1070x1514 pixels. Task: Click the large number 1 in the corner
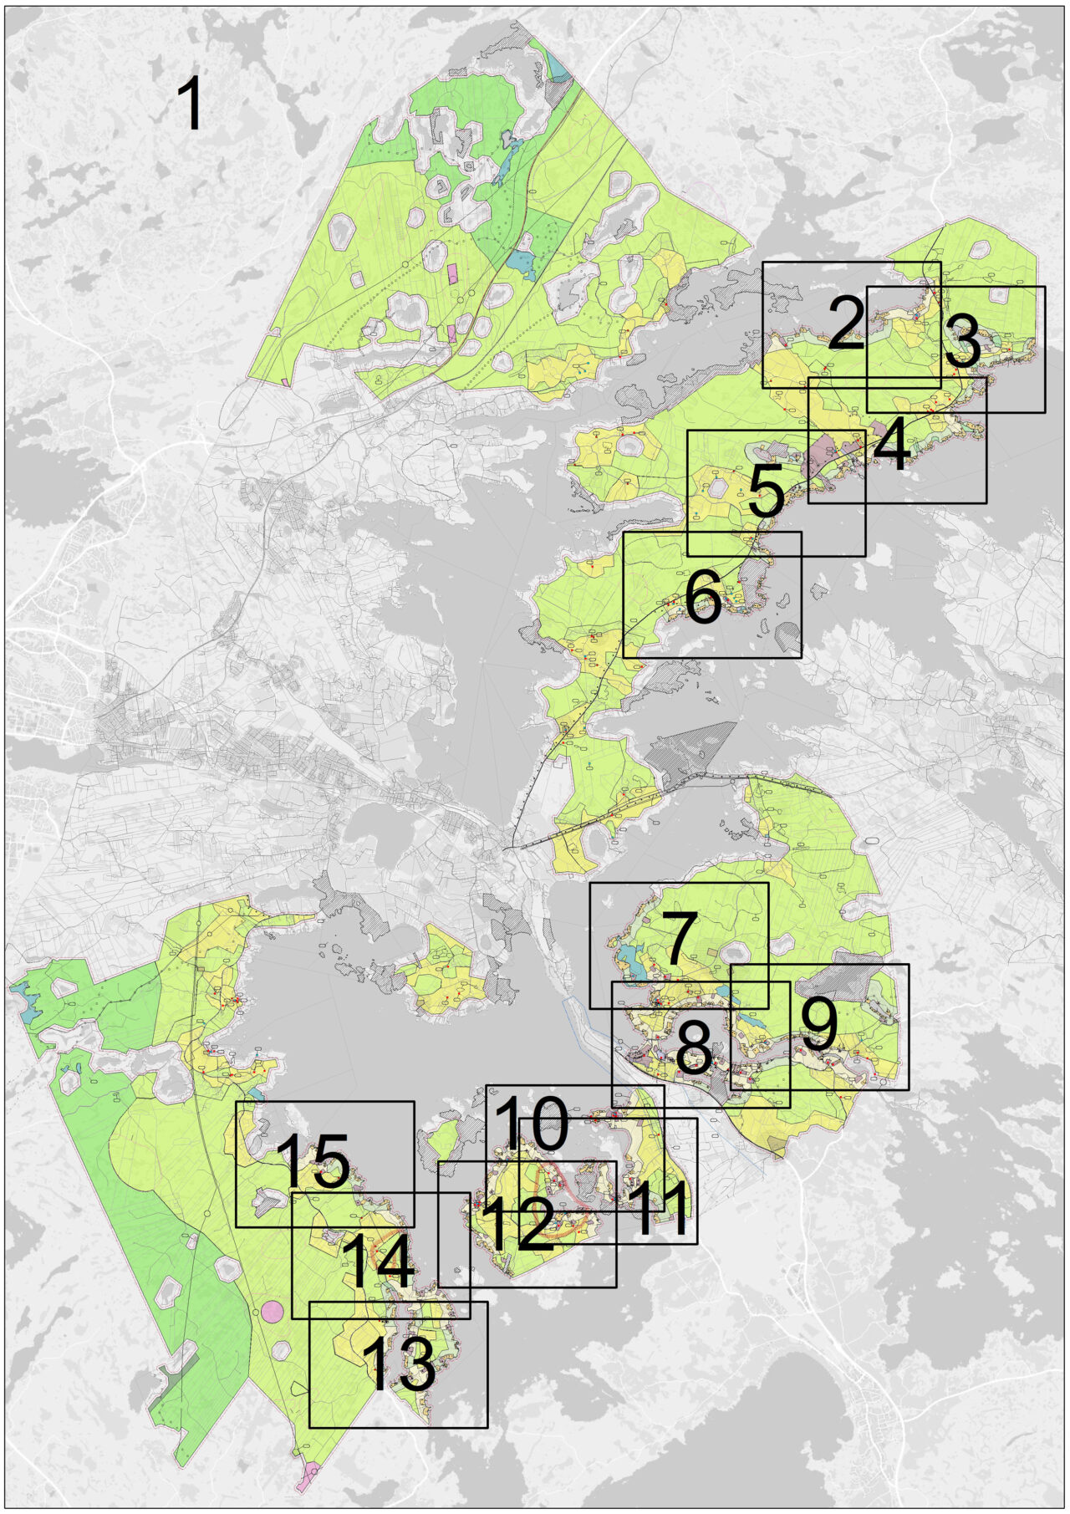tap(191, 104)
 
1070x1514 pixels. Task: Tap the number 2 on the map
tap(845, 324)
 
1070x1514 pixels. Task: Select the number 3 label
tap(963, 344)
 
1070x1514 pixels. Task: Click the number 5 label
tap(767, 493)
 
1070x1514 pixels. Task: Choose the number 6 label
tap(703, 598)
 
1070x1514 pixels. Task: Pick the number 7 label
tap(679, 938)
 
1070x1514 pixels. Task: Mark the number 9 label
tap(819, 1025)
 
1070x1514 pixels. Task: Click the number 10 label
tap(532, 1125)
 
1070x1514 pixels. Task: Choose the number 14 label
tap(378, 1262)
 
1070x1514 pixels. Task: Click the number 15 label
tap(313, 1162)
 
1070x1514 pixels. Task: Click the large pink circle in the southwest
tap(272, 1311)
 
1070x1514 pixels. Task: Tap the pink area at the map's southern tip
tap(308, 1478)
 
